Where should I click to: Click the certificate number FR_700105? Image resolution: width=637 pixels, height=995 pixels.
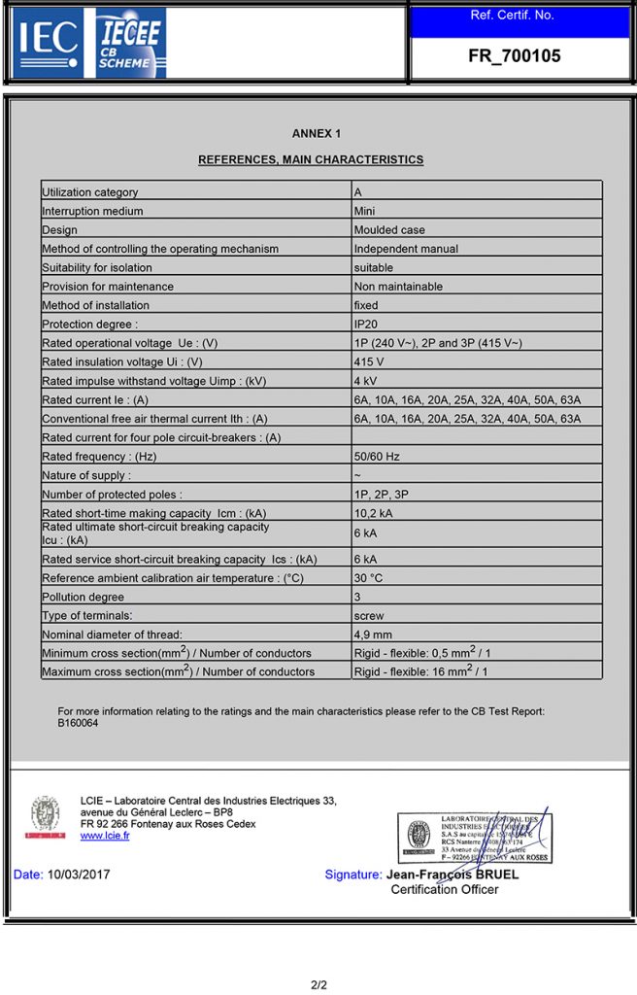click(514, 56)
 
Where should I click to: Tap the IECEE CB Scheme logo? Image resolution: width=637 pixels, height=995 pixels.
click(130, 43)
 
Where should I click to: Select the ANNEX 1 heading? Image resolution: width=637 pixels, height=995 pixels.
click(317, 134)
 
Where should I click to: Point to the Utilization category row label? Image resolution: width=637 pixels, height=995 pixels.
click(90, 192)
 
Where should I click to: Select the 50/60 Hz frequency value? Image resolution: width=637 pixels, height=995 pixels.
click(377, 456)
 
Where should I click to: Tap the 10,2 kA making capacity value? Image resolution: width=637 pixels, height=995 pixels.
click(374, 513)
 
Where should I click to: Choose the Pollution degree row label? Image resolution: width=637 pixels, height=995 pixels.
click(83, 597)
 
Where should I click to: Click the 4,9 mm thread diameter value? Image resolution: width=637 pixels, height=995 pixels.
click(373, 635)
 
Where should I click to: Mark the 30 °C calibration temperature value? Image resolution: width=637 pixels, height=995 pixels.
click(369, 578)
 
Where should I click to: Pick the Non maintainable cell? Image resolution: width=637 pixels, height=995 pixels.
click(398, 287)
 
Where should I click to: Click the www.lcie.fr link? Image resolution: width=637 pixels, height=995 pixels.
click(105, 836)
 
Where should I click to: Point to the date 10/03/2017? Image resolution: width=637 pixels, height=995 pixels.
click(79, 875)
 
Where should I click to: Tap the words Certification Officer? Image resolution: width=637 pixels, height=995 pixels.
click(445, 889)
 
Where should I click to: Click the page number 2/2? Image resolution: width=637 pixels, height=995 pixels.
click(318, 985)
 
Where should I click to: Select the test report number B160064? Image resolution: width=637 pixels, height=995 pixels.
click(78, 723)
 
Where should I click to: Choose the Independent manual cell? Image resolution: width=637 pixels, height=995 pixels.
click(406, 249)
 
